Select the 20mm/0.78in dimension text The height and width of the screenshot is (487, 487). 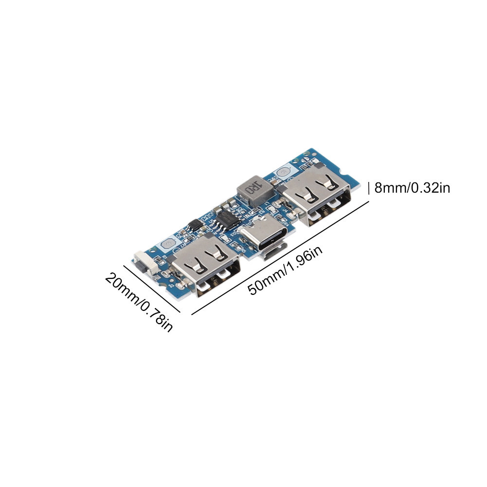pyautogui.click(x=139, y=301)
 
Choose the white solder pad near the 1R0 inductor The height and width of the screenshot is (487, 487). pyautogui.click(x=283, y=173)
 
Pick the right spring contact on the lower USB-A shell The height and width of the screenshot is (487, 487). pyautogui.click(x=216, y=253)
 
